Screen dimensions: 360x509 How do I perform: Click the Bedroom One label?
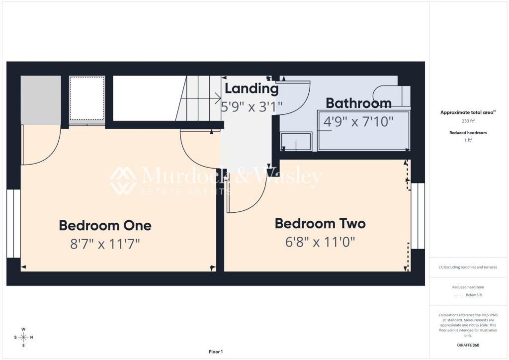[105, 225]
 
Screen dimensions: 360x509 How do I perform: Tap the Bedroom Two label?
[320, 224]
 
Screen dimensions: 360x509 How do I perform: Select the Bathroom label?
[358, 103]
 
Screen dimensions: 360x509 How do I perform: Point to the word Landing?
[252, 89]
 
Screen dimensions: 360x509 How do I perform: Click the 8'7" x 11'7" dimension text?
[105, 244]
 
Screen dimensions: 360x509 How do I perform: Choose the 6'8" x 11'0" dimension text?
[320, 242]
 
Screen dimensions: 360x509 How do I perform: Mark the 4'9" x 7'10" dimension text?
[358, 121]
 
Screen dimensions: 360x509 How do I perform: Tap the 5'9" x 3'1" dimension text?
[252, 106]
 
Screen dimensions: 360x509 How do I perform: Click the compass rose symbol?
[23, 337]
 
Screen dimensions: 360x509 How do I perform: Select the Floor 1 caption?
[216, 352]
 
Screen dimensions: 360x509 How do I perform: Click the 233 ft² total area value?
[468, 120]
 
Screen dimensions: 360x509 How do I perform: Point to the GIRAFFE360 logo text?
[468, 345]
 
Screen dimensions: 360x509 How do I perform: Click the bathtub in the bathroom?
[364, 131]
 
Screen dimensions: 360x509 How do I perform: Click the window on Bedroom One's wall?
[13, 223]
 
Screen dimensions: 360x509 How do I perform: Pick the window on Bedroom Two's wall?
[418, 216]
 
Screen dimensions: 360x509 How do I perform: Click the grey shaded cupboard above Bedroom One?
[41, 99]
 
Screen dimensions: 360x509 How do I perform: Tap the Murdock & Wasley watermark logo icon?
[123, 180]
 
